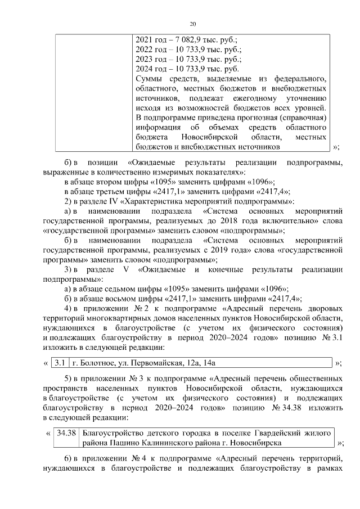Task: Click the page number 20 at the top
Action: click(x=192, y=24)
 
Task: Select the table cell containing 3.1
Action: click(x=61, y=363)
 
